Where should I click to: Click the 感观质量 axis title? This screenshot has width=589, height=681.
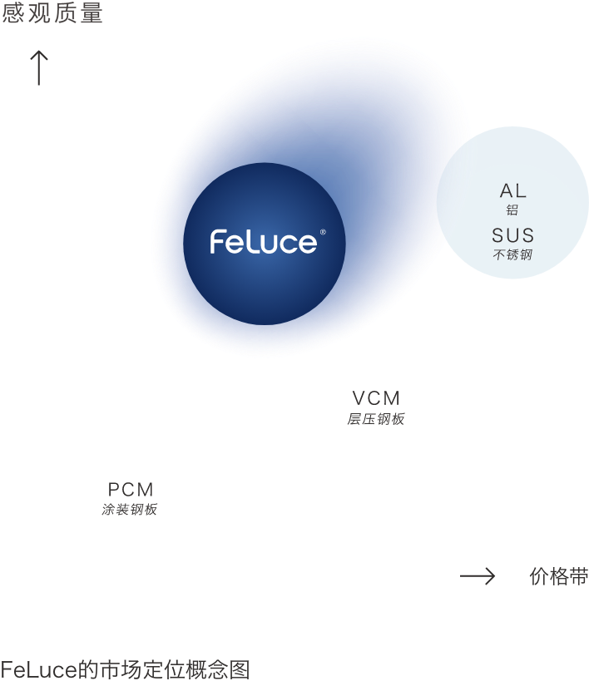pyautogui.click(x=52, y=12)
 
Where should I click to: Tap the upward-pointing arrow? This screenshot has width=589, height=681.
pyautogui.click(x=39, y=67)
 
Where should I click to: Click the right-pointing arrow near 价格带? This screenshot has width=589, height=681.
pyautogui.click(x=478, y=576)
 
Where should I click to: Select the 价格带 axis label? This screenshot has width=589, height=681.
pyautogui.click(x=559, y=576)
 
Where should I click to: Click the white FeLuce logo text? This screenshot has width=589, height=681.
pyautogui.click(x=264, y=242)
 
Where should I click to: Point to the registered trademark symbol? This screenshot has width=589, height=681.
pyautogui.click(x=323, y=232)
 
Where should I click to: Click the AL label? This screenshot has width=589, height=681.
pyautogui.click(x=513, y=190)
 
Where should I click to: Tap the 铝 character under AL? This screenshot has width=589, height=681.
pyautogui.click(x=512, y=210)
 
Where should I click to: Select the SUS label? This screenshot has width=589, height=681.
pyautogui.click(x=513, y=235)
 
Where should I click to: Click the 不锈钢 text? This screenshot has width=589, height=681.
pyautogui.click(x=513, y=254)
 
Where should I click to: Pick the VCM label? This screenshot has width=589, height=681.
pyautogui.click(x=376, y=398)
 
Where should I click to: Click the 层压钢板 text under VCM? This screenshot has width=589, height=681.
pyautogui.click(x=376, y=419)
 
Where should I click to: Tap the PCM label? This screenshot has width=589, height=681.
pyautogui.click(x=131, y=490)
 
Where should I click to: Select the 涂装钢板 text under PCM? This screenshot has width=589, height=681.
pyautogui.click(x=130, y=510)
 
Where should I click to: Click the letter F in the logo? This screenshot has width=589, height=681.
pyautogui.click(x=216, y=242)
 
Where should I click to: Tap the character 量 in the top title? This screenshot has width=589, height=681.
pyautogui.click(x=92, y=12)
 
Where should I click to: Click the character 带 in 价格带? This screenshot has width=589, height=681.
pyautogui.click(x=579, y=576)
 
